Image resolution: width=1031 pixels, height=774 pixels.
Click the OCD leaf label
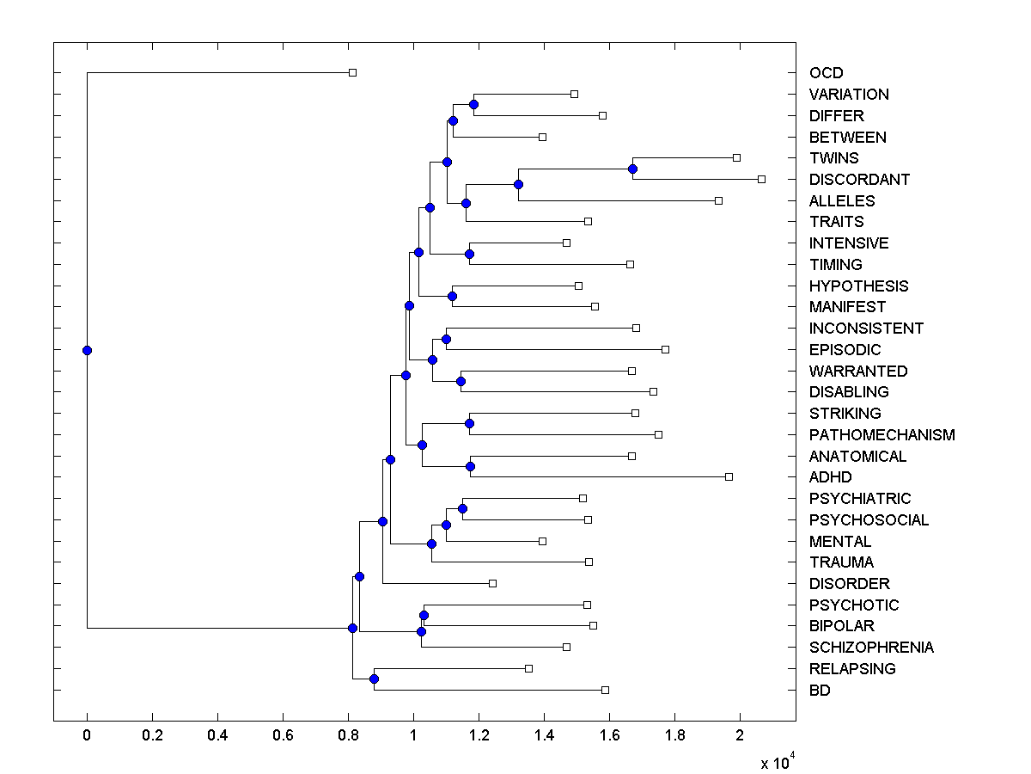click(826, 73)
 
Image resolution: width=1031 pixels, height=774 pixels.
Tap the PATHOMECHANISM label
click(882, 435)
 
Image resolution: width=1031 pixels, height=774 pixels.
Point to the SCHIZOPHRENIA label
click(871, 648)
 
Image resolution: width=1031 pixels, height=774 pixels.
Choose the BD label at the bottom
click(820, 690)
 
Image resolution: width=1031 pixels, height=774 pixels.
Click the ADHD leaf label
click(830, 477)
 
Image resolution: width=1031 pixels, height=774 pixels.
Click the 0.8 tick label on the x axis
click(348, 736)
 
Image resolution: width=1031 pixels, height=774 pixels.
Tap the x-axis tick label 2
click(740, 736)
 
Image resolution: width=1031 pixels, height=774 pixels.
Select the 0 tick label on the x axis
click(87, 736)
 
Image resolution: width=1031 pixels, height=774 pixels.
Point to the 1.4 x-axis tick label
click(544, 736)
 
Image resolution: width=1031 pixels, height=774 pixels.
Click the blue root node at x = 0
click(87, 350)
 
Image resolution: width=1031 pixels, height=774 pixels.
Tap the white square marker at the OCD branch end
click(352, 72)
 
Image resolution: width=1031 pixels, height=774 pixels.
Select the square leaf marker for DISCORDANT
click(761, 179)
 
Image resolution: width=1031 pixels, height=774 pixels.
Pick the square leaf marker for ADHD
click(729, 476)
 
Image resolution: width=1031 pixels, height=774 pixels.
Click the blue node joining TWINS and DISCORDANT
click(632, 169)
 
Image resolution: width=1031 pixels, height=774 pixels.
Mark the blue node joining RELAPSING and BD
click(374, 679)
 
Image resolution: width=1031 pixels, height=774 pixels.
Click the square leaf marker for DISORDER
click(492, 583)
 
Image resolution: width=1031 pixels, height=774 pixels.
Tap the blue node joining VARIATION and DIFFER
click(473, 104)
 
